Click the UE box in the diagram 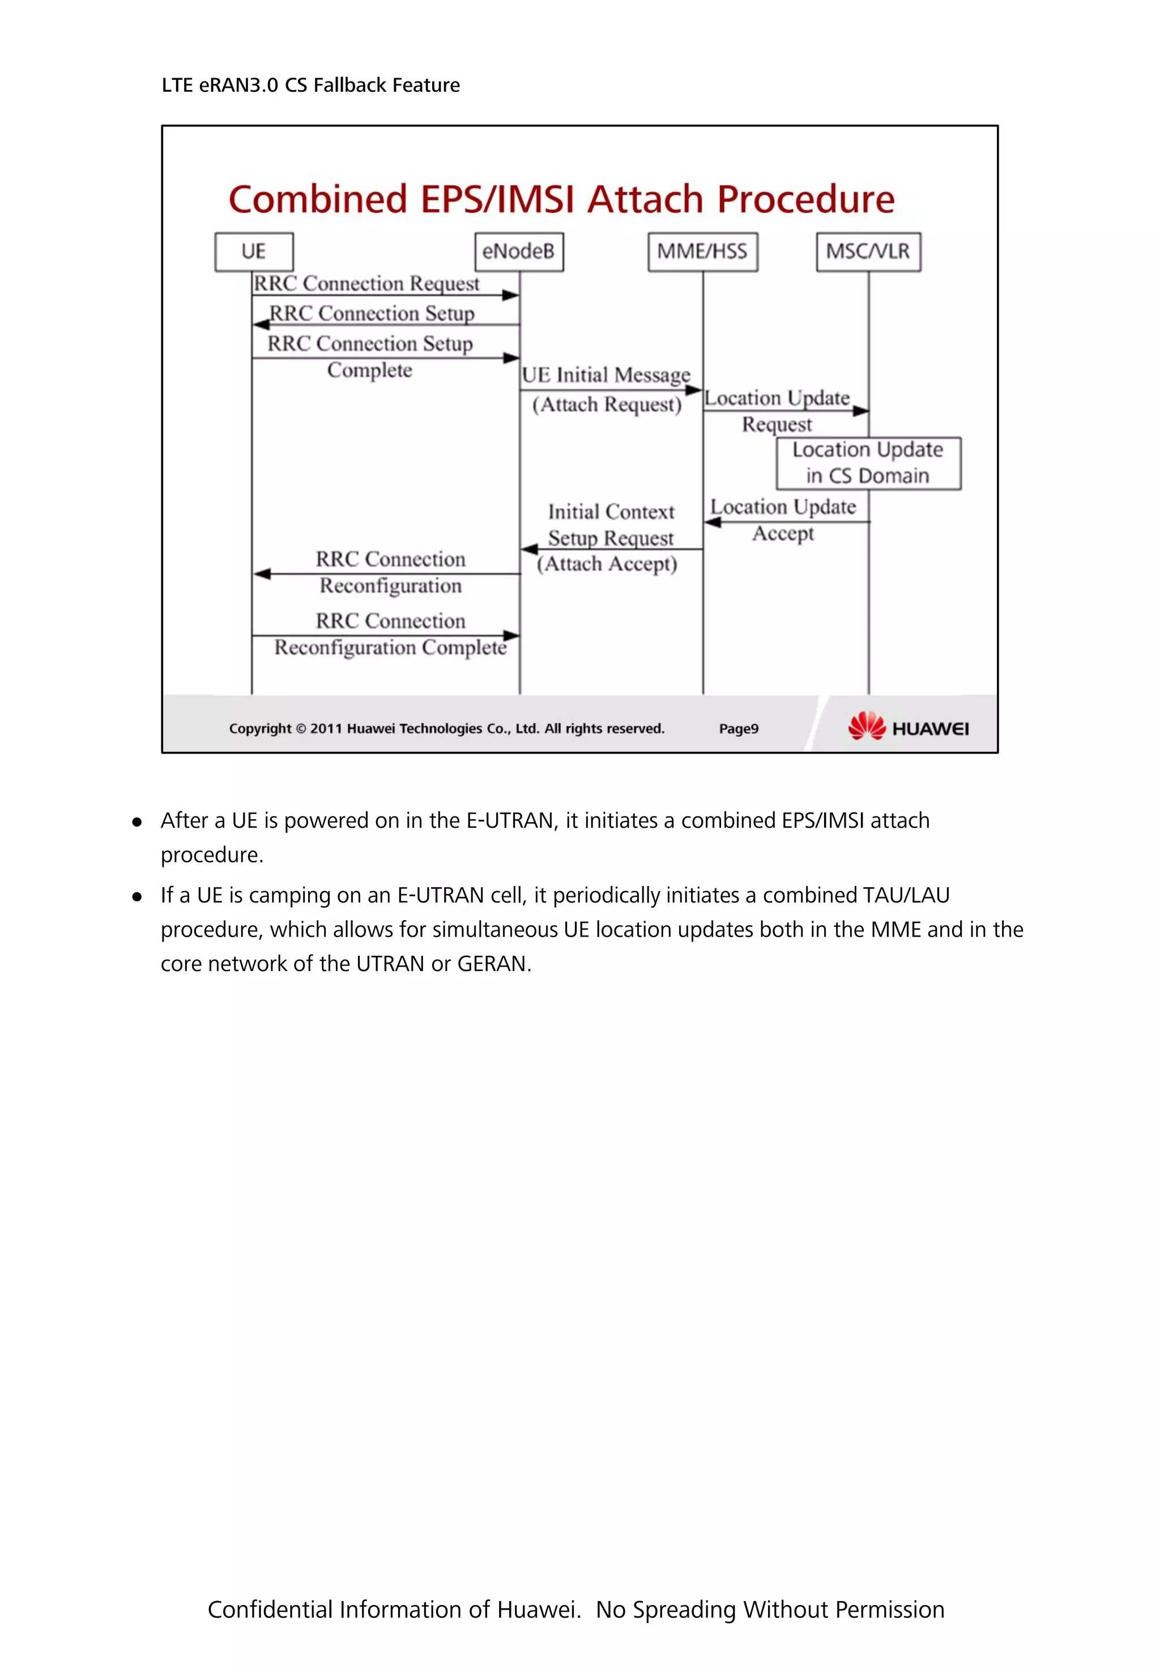coord(254,252)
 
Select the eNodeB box coord(518,252)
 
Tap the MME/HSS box coord(702,252)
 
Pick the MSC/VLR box coord(868,252)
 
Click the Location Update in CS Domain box coord(868,463)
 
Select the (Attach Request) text coord(607,405)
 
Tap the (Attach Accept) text coord(607,564)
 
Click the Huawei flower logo coord(867,726)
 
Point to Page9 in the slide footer coord(739,729)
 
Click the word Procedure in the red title coord(805,199)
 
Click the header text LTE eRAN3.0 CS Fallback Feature coord(310,85)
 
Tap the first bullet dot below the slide coord(137,822)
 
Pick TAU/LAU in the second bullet coord(906,895)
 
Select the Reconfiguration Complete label coord(390,647)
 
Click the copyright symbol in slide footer coord(301,729)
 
